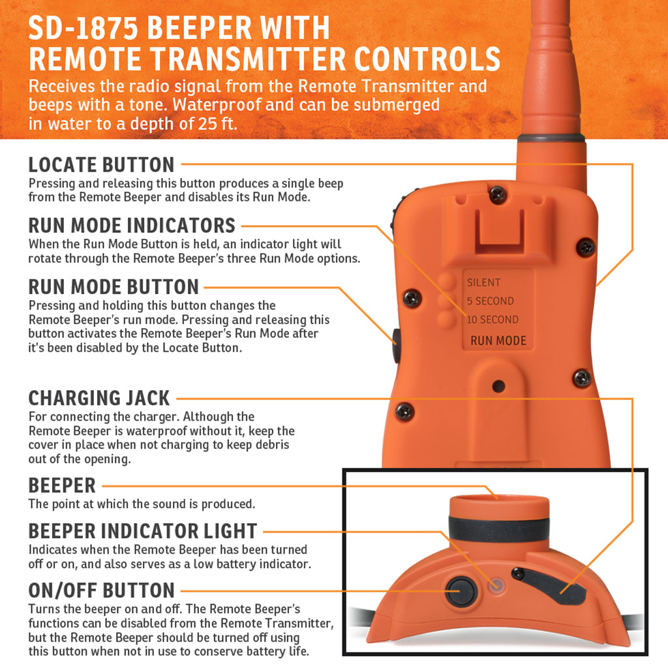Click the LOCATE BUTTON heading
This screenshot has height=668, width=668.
tap(101, 165)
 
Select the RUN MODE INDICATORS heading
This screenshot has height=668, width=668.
tap(132, 225)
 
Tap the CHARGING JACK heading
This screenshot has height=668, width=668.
tap(99, 399)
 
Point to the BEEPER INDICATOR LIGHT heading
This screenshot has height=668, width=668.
tap(143, 531)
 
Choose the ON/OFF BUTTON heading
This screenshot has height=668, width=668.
tap(101, 591)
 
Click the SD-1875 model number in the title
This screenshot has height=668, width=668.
tap(83, 28)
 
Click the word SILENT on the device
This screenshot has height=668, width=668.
tap(483, 282)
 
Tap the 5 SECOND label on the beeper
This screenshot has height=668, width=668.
tap(491, 301)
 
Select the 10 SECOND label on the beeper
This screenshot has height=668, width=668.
tap(493, 320)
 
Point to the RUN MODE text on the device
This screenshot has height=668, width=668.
tap(498, 341)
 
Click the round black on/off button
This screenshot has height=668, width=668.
tap(461, 591)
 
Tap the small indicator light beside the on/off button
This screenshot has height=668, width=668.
tap(496, 585)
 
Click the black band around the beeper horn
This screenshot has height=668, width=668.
tap(498, 528)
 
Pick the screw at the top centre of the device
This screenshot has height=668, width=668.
tap(498, 194)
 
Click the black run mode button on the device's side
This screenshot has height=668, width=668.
tap(396, 345)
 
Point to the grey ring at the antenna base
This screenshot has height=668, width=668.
tap(551, 138)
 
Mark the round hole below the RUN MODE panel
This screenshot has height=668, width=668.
tap(498, 386)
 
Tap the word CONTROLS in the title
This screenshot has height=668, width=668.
tap(427, 59)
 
